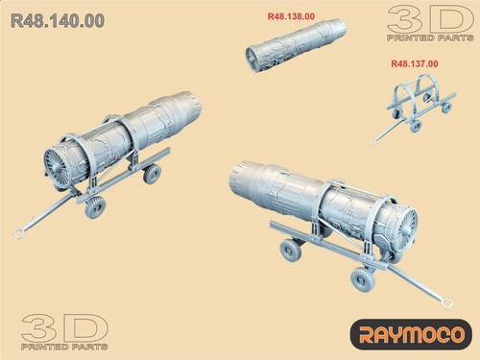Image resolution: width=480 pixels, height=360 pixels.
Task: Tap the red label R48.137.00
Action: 415,63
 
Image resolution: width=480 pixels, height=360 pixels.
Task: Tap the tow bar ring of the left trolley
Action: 18,232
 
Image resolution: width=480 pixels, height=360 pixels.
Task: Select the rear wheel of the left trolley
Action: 151,173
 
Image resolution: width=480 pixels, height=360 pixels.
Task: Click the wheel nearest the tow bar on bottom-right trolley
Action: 362,280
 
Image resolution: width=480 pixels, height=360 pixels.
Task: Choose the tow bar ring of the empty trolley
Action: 374,141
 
